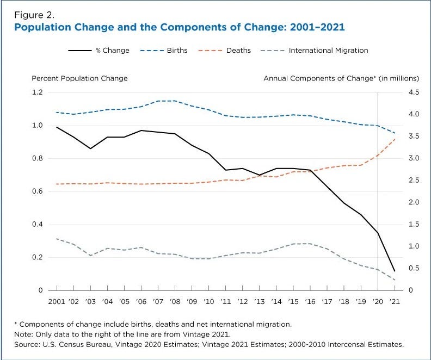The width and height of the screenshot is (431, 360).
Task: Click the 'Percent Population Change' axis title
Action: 79,78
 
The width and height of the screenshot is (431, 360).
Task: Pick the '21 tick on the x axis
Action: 395,301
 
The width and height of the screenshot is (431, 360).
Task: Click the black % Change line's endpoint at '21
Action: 395,271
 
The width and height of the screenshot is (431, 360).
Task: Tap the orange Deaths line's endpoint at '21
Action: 395,139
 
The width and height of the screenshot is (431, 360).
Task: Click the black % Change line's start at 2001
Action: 56,127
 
